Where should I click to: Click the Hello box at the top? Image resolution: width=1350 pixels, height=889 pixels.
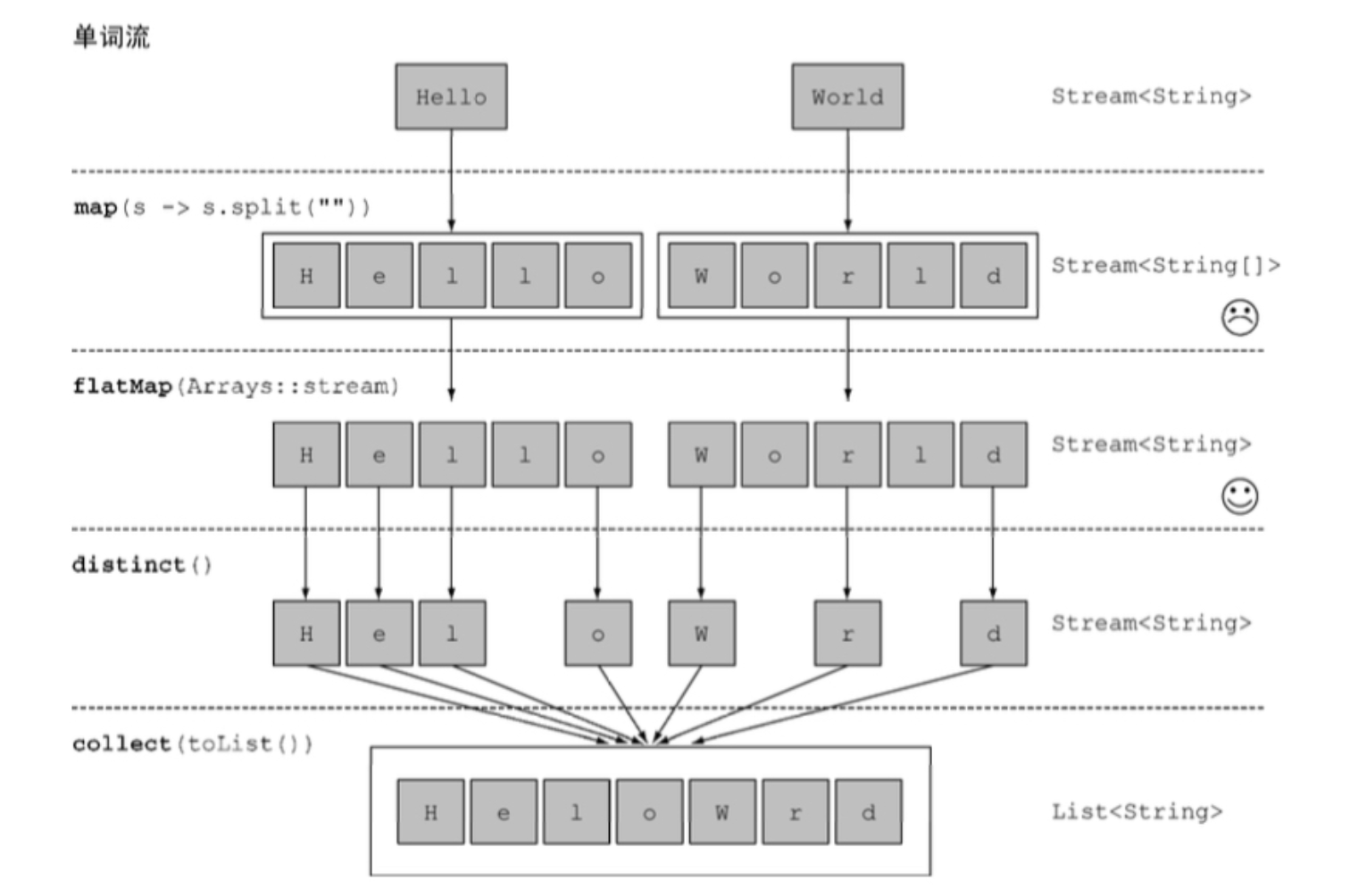[x=451, y=96]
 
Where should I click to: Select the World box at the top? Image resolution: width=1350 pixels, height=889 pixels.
[x=847, y=96]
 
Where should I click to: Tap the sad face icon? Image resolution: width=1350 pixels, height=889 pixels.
[x=1239, y=317]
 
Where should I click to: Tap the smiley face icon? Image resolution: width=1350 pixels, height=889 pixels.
[x=1239, y=496]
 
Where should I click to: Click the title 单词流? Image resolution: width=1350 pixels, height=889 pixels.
[x=112, y=36]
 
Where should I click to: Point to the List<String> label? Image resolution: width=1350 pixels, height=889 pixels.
[x=1137, y=812]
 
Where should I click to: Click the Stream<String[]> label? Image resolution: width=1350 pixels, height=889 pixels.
[x=1165, y=265]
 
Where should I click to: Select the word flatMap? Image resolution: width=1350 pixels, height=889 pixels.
[x=123, y=386]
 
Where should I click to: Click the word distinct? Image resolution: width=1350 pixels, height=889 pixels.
[x=129, y=564]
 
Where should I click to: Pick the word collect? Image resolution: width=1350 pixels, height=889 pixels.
[x=121, y=744]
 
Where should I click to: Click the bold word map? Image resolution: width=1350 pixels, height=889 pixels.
[x=96, y=207]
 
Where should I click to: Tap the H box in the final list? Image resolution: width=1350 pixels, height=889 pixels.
[x=430, y=812]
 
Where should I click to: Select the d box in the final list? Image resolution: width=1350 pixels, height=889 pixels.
[x=869, y=812]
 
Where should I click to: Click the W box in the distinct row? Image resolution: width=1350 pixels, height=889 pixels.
[x=702, y=633]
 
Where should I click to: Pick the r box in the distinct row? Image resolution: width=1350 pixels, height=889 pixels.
[x=847, y=633]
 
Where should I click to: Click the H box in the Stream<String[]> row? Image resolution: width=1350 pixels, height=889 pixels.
[x=306, y=275]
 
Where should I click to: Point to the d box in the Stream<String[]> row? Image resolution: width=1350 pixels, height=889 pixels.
[x=994, y=275]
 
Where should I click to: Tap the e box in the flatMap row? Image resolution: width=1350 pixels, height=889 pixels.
[x=379, y=454]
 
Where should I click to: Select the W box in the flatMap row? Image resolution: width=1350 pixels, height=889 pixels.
[x=702, y=454]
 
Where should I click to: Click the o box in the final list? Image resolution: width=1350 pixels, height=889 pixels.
[x=649, y=812]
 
